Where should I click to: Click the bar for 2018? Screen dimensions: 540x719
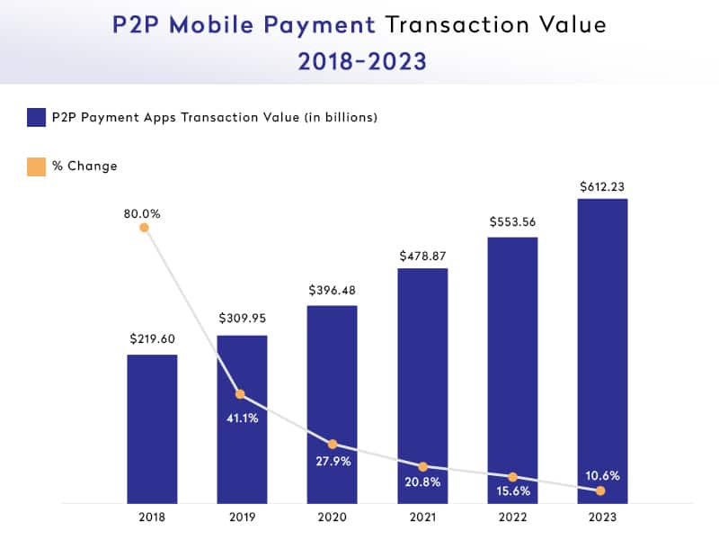[152, 428]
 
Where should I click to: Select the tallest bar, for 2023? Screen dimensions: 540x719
[601, 351]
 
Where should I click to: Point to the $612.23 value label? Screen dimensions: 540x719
[601, 187]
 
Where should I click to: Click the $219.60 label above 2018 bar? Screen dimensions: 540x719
[152, 339]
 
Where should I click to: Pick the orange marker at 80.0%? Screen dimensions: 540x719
[144, 228]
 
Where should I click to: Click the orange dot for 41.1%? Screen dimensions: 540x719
[240, 394]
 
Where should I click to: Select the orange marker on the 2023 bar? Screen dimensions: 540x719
[599, 490]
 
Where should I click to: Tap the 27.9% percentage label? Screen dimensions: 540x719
[332, 462]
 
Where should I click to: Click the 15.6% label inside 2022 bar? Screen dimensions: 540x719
[511, 491]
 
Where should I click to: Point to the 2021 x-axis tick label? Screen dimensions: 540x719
[422, 517]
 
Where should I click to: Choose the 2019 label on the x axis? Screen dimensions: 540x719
[242, 517]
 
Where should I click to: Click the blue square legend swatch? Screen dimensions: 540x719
[36, 117]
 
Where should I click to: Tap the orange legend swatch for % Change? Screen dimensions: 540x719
[36, 166]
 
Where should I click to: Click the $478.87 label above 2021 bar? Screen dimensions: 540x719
[422, 256]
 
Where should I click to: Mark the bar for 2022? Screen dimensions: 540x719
[511, 369]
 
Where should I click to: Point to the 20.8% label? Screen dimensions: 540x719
[422, 483]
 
